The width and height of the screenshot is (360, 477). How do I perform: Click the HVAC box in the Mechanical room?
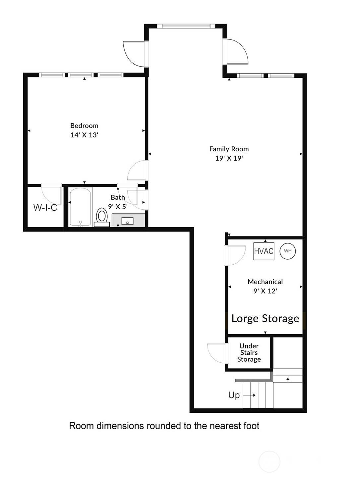(x=264, y=251)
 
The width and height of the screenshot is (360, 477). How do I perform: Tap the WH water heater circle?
(x=288, y=251)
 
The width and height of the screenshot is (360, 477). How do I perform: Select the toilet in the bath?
(x=102, y=217)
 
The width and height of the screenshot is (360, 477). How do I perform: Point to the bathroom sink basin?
(x=127, y=221)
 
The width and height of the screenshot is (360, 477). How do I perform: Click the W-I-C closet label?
(x=45, y=208)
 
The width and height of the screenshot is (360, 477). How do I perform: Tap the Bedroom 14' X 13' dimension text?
(x=84, y=135)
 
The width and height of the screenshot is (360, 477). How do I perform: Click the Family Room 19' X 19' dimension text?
(x=229, y=158)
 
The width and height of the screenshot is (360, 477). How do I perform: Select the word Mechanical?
(x=265, y=282)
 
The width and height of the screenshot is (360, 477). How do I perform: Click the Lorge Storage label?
(x=265, y=319)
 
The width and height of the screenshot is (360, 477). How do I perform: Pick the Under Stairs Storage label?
(x=249, y=352)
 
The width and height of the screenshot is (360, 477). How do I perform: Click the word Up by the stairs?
(x=234, y=395)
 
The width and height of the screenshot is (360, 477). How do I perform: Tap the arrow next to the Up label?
(x=249, y=395)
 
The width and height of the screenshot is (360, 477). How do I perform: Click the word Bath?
(x=118, y=197)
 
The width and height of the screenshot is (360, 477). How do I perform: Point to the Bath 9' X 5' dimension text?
(x=118, y=207)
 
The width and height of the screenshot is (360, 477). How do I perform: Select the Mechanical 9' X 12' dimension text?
(x=265, y=291)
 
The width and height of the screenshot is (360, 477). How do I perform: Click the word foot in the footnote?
(x=251, y=426)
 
